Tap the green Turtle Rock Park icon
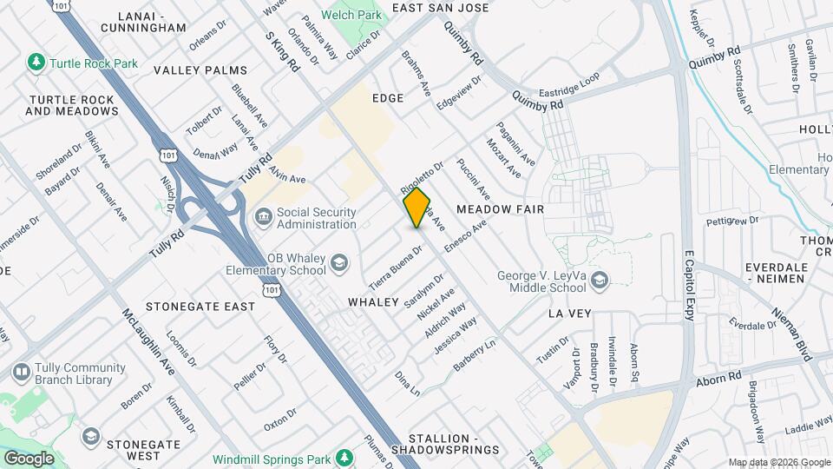[36, 63]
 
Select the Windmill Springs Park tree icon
[344, 457]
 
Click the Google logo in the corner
[29, 458]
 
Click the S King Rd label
[281, 46]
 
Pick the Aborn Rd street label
[717, 379]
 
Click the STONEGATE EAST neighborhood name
[200, 307]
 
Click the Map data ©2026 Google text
[778, 462]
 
